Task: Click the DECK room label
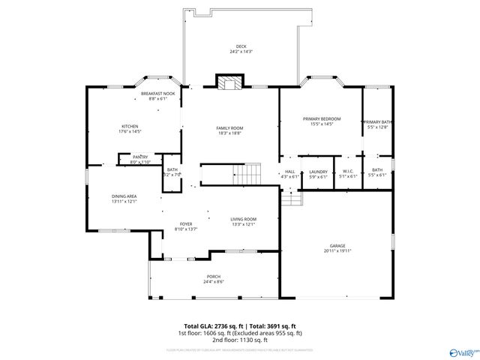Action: (x=240, y=46)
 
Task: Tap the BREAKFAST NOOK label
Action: (x=157, y=94)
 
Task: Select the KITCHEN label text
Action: (x=130, y=126)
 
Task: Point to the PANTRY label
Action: (x=139, y=156)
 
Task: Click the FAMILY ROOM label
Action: (x=229, y=127)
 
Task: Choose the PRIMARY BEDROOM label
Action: (x=321, y=118)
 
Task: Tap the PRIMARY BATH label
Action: (x=377, y=121)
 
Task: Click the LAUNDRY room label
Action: (x=318, y=171)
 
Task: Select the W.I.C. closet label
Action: (x=348, y=171)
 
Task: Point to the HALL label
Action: (x=289, y=171)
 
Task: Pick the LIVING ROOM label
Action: (x=244, y=218)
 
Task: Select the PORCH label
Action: (x=214, y=277)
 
